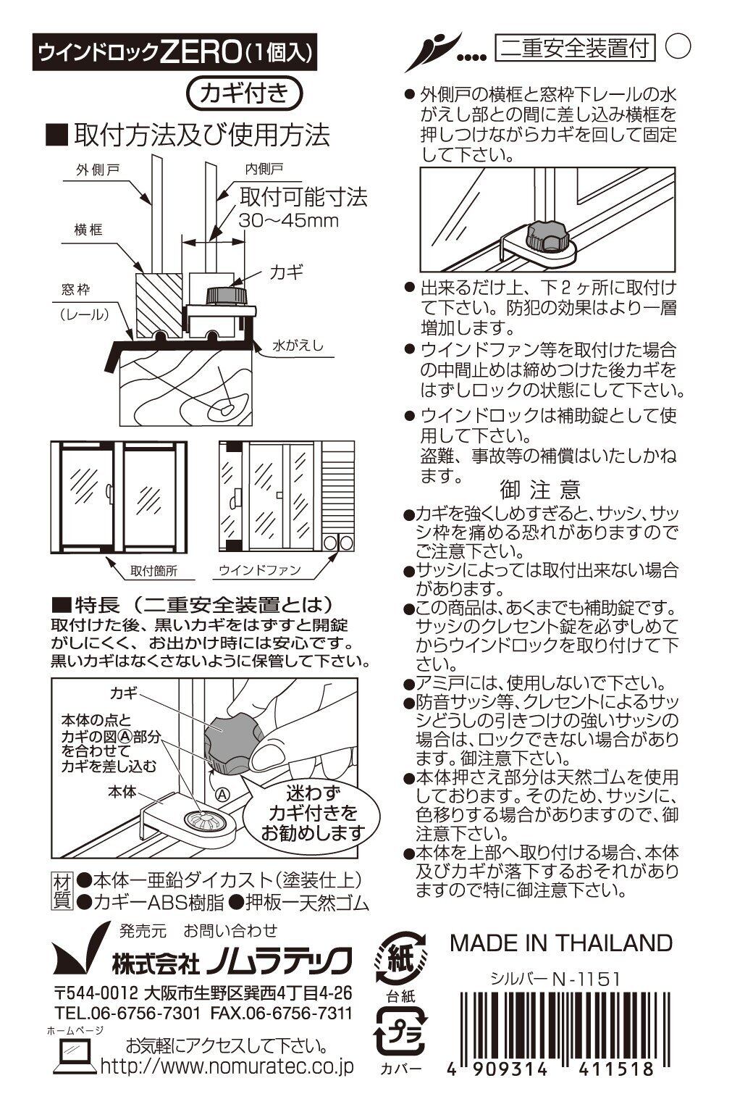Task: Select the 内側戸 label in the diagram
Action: pos(263,169)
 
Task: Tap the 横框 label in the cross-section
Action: pos(88,230)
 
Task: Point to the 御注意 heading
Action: pos(540,490)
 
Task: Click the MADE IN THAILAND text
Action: pos(561,943)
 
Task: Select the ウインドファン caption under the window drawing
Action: pos(261,571)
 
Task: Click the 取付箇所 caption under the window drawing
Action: pos(153,571)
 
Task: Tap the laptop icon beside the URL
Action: pos(74,1057)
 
